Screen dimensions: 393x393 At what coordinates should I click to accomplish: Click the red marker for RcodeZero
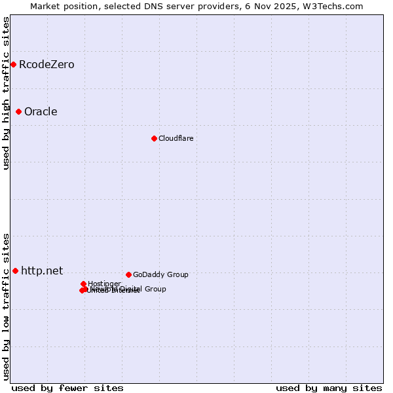(x=13, y=64)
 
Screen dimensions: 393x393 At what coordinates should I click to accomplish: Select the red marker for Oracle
(x=18, y=111)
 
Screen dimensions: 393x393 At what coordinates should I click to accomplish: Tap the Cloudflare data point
(x=154, y=138)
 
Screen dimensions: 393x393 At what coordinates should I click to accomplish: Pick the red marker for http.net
(x=15, y=271)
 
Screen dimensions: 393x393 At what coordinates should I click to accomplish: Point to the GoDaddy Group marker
(x=128, y=274)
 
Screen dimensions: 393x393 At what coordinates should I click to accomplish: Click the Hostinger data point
(x=83, y=284)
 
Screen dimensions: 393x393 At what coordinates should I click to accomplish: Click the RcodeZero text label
(x=47, y=64)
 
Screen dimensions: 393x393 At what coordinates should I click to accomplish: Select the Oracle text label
(x=41, y=111)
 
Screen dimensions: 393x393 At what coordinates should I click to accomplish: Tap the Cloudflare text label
(x=176, y=138)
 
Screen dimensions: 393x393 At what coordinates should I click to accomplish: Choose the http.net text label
(x=42, y=271)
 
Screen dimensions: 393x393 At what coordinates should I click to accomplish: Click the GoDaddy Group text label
(x=160, y=274)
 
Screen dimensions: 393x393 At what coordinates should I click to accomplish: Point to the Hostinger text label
(x=104, y=284)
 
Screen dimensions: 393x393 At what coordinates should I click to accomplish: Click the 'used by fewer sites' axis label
(x=67, y=388)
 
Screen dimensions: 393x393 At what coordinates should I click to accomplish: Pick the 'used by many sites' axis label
(x=329, y=388)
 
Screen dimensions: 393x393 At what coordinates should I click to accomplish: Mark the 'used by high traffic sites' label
(x=6, y=93)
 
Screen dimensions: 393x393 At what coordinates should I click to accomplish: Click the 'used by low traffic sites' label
(x=6, y=306)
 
